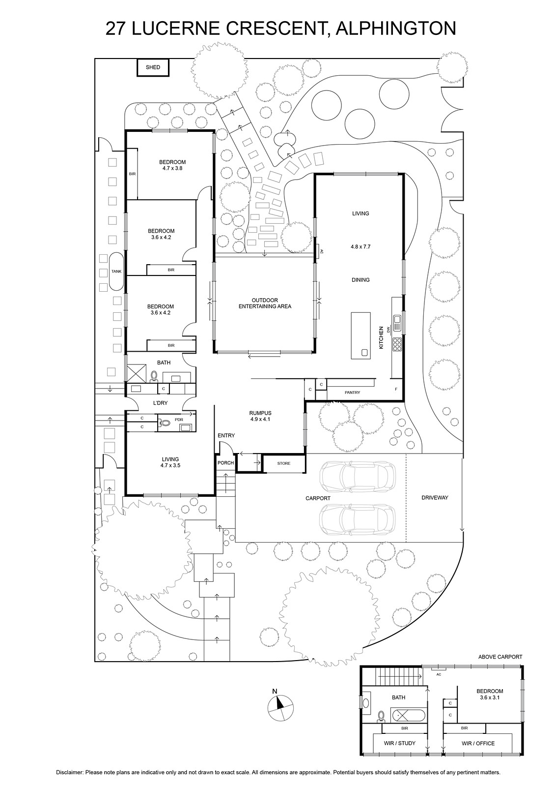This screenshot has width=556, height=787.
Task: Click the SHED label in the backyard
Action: pos(153,67)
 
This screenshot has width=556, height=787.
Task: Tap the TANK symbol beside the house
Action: pos(116,271)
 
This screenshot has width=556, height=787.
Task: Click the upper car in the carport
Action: pos(358,477)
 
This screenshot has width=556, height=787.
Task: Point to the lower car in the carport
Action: pos(357,519)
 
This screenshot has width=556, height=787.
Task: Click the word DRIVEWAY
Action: pos(435,497)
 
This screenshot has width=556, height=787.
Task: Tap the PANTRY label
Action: pos(352,393)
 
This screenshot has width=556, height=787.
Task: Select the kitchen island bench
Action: pos(361,335)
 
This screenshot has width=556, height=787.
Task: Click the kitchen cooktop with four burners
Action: pos(397,344)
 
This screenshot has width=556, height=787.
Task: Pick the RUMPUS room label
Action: pos(260,413)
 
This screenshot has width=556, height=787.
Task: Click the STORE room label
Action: pos(284,463)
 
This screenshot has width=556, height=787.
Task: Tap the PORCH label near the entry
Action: pos(225,463)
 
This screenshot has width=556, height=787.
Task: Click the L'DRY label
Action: pos(160,403)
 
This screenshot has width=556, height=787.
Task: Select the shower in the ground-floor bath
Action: pos(136,373)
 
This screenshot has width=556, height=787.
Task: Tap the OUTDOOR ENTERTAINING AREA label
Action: pos(265,303)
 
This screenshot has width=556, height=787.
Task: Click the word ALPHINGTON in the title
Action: pos(396,29)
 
